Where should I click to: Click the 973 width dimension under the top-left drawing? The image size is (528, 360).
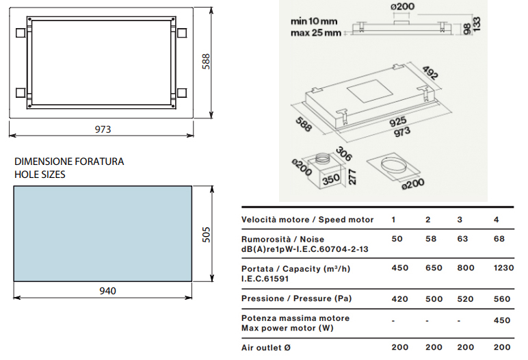point(103,129)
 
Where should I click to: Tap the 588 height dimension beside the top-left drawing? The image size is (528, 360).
point(206,62)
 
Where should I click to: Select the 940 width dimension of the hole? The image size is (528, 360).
point(108,291)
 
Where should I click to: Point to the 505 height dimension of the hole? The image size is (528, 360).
point(206,235)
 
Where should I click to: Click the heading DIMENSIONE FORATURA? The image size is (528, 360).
point(69,162)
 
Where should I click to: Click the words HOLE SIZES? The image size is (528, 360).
point(40,175)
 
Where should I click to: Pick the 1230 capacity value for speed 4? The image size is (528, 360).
point(504,268)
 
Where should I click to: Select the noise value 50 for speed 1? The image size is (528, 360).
point(397,239)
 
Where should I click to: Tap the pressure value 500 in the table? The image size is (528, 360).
point(434,299)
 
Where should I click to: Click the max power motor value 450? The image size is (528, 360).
point(502,320)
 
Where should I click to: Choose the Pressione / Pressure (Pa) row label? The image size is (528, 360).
point(296,298)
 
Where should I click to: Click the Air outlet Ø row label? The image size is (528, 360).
point(266,348)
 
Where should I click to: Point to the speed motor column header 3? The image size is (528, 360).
point(460,220)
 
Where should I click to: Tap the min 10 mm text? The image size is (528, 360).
point(314,21)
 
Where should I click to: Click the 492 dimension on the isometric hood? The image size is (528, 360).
point(430,73)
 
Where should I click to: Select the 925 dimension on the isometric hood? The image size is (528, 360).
point(397,122)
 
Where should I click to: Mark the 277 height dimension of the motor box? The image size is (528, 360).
point(352,177)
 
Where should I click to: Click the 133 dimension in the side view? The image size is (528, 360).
point(477,24)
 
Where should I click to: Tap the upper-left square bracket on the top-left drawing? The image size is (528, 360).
point(21,33)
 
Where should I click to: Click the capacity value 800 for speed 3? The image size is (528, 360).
point(466,268)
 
